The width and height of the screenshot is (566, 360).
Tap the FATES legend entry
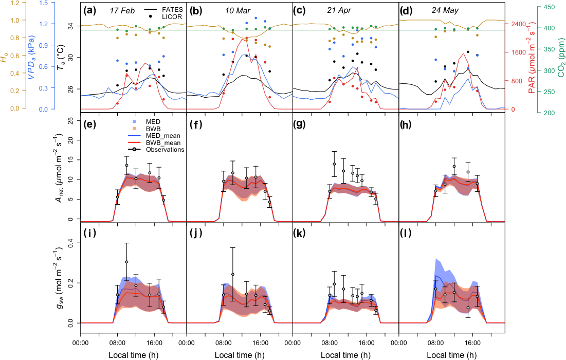point(171,9)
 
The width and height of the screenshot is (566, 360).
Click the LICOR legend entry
point(171,17)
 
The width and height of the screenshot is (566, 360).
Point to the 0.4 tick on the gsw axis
point(70,243)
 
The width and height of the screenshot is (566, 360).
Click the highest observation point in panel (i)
point(126,262)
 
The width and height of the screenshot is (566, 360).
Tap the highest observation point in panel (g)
point(334,164)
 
